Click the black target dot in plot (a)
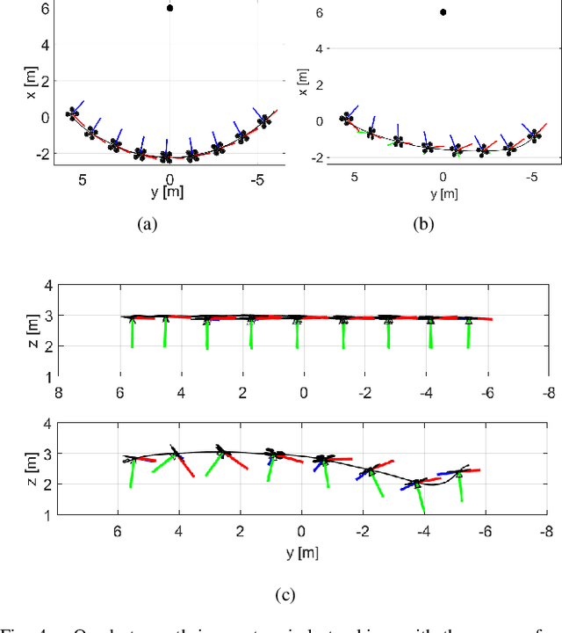pos(169,8)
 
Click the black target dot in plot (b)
pos(443,12)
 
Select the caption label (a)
pos(148,224)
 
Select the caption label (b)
pos(424,224)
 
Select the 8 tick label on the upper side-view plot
pos(58,394)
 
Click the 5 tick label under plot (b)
pos(354,177)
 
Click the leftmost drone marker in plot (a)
pos(73,113)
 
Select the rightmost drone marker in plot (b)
pos(534,135)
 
